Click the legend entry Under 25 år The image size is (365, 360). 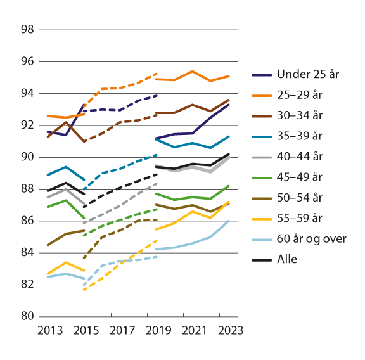[x=308, y=75]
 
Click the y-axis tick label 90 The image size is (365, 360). [x=27, y=157]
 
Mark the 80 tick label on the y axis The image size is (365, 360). [x=27, y=316]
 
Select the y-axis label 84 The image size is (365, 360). [x=27, y=253]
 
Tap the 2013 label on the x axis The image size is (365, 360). [x=48, y=330]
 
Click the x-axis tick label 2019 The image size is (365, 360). [x=156, y=330]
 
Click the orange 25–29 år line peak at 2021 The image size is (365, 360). [x=193, y=71]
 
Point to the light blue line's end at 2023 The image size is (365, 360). [x=229, y=220]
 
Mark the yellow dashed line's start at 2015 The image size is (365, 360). [x=84, y=290]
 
